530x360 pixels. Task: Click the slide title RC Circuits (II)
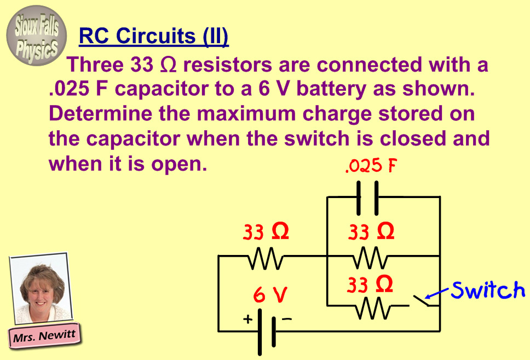coord(154,37)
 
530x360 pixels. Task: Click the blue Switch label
coord(488,290)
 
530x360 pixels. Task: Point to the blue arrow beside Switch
coord(437,295)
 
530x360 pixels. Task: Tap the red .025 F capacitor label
coord(371,166)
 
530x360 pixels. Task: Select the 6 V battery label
coord(270,295)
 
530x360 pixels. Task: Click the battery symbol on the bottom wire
coord(266,331)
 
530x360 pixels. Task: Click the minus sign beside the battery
coord(286,318)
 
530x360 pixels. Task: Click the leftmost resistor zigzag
coord(266,256)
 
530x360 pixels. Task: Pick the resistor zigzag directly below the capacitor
coord(371,256)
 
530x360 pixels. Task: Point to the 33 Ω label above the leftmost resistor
coord(266,232)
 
